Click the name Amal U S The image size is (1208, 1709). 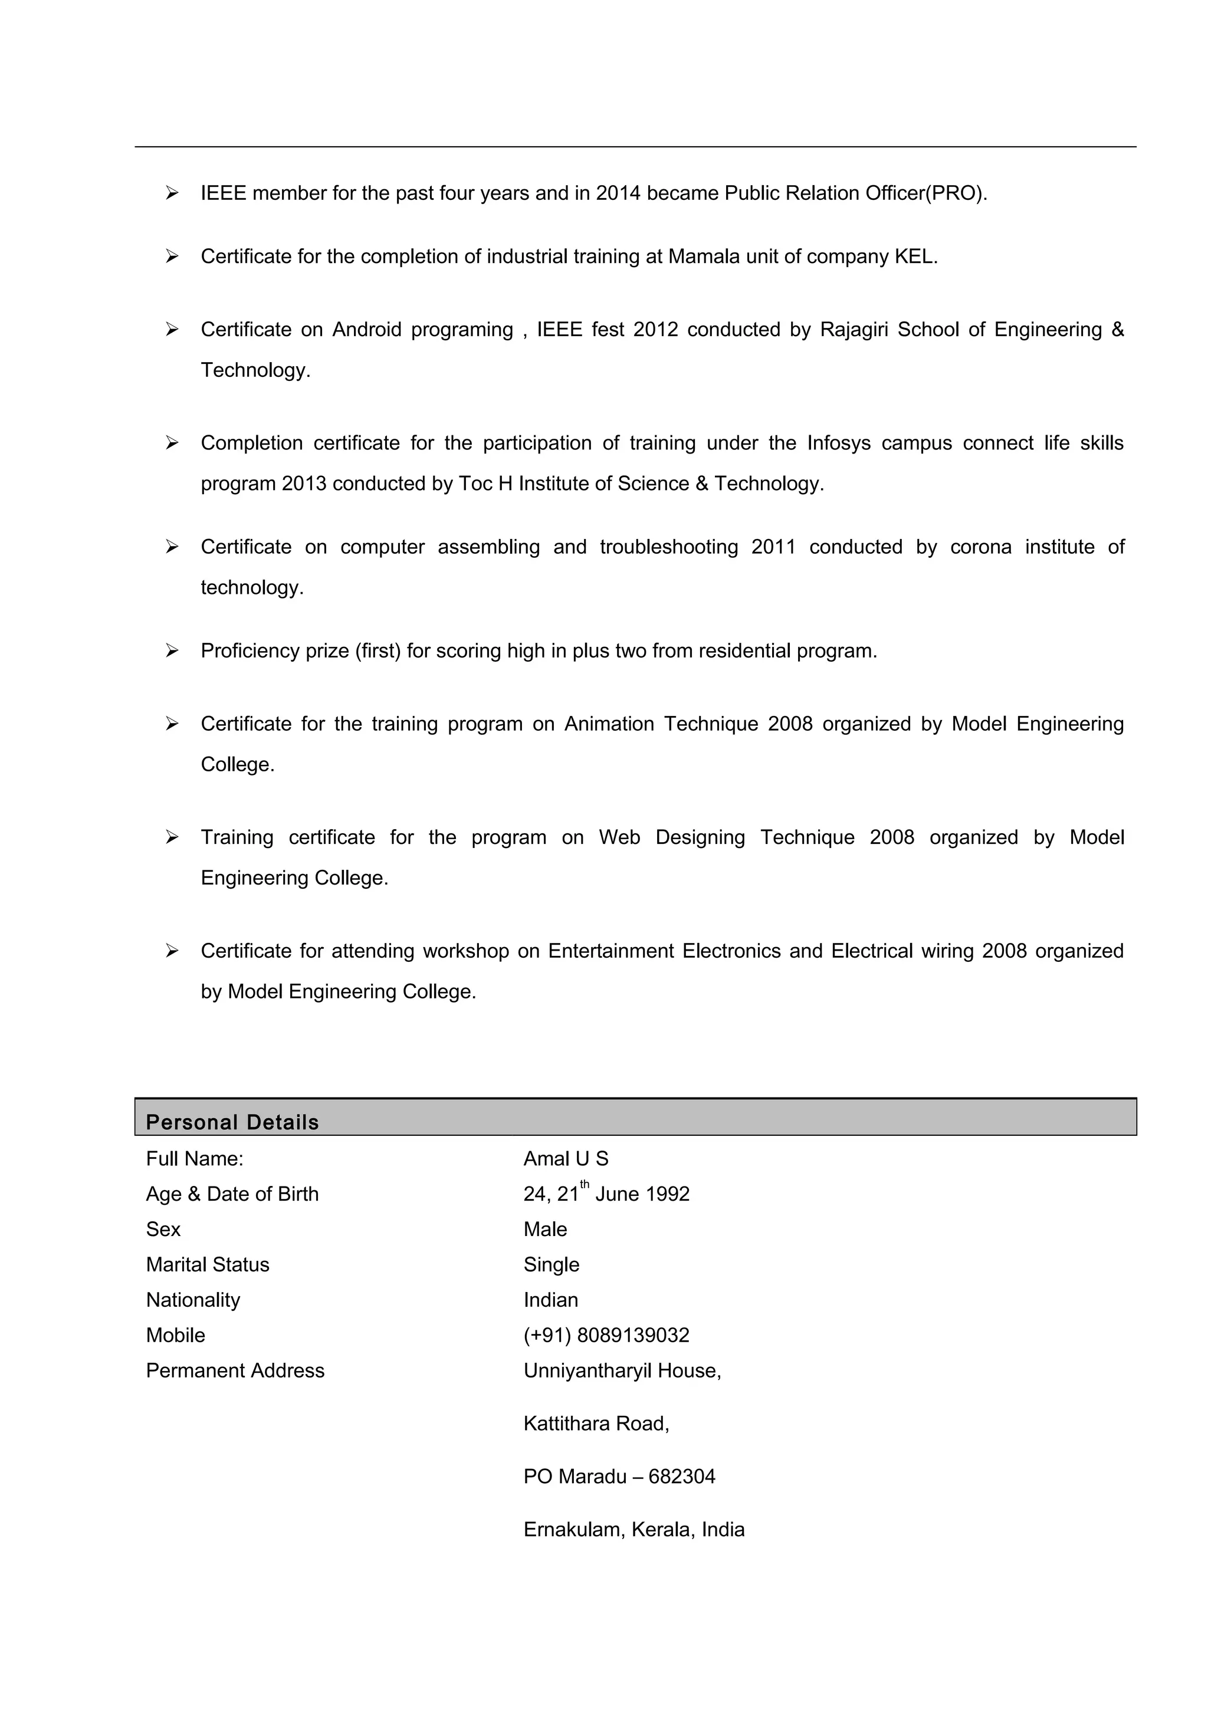566,1159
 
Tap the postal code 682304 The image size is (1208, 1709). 682,1477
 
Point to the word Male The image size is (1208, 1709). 545,1230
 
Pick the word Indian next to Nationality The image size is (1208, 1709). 550,1300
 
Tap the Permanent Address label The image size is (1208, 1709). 235,1371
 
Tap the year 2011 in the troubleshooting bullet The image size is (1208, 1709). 773,547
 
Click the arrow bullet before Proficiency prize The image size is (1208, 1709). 172,651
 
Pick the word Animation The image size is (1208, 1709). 609,724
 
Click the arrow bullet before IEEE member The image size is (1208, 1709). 172,193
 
